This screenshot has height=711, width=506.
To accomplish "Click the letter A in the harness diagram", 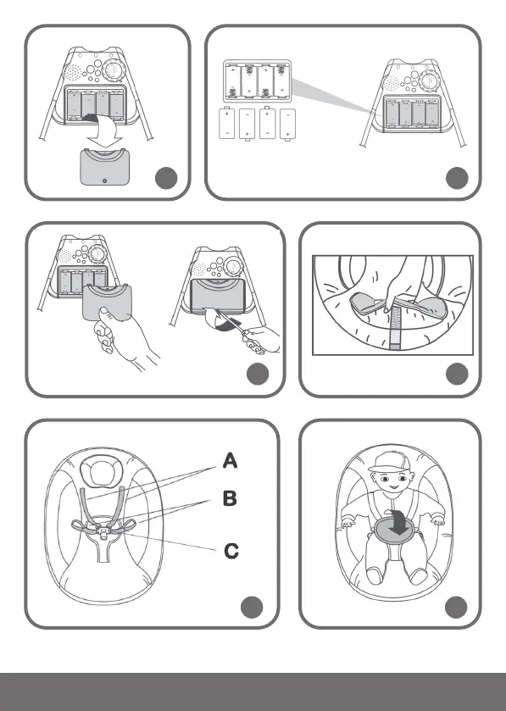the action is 230,460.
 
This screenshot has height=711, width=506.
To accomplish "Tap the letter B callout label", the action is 230,498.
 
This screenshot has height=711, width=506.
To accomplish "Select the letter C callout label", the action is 231,551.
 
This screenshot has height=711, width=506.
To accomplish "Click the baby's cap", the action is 390,462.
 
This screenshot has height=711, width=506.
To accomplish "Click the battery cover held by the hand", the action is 107,300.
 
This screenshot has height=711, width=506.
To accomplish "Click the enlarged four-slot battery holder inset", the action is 257,81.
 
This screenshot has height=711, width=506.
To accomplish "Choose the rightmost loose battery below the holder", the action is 287,125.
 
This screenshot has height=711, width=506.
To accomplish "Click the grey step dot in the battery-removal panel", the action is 166,178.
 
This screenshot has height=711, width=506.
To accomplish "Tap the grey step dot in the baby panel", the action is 456,607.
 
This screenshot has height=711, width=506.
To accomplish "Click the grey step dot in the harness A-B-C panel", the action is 252,607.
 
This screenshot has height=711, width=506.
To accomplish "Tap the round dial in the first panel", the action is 112,70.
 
